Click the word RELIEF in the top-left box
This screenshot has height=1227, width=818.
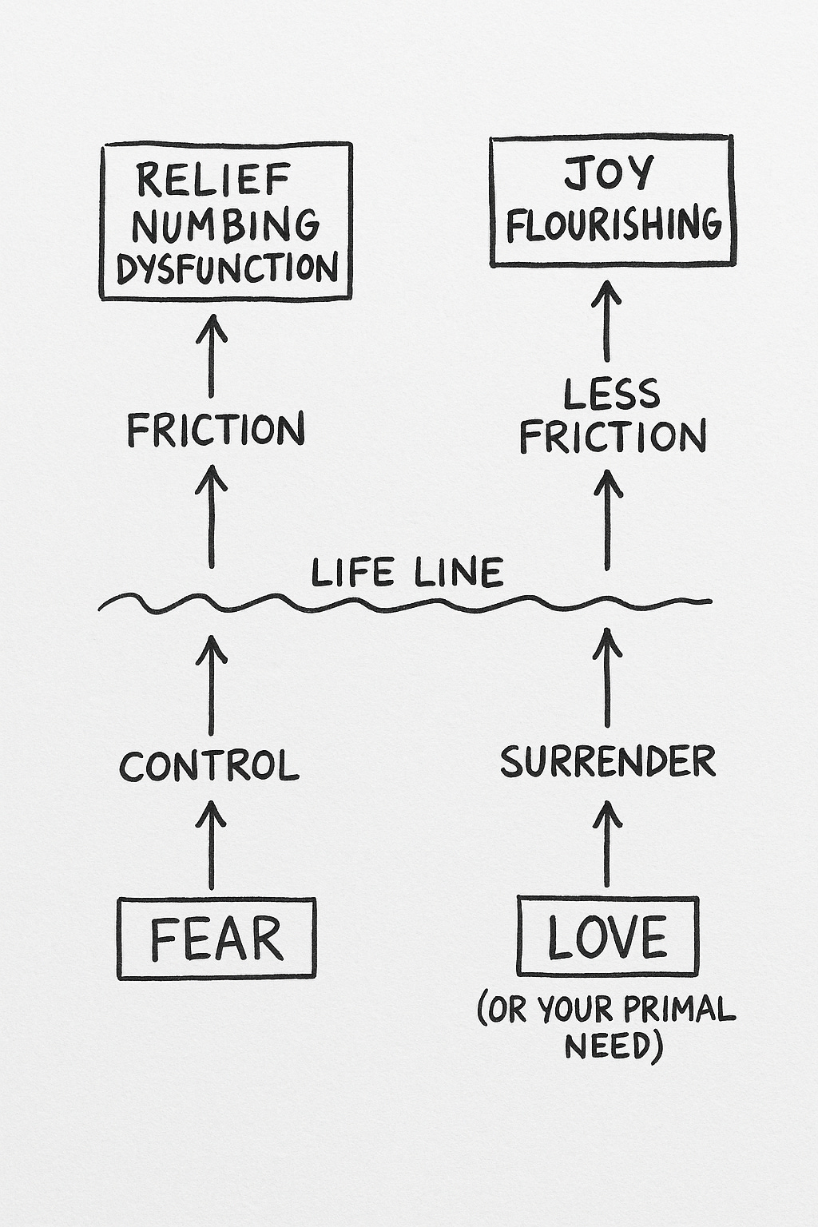tap(212, 180)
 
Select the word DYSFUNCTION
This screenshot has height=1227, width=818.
tap(227, 267)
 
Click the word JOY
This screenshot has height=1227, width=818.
tap(609, 173)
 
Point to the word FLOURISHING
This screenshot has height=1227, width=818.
tap(613, 224)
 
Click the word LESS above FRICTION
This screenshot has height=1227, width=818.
tap(612, 394)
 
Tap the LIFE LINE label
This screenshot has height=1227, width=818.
tap(407, 573)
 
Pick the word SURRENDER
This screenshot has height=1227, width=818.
tap(608, 761)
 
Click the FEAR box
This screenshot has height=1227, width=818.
tap(216, 938)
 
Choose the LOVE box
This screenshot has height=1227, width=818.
tap(607, 936)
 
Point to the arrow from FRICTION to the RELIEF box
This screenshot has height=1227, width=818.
tap(212, 355)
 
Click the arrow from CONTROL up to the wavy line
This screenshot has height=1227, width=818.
tap(211, 684)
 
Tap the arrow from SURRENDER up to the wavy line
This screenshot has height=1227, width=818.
tap(608, 677)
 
